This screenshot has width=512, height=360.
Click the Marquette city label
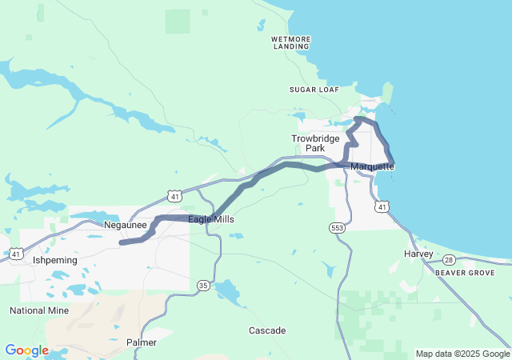(372, 166)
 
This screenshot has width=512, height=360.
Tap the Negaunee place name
(126, 226)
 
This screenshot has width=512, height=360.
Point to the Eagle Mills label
(211, 219)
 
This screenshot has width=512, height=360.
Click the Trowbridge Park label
(308, 143)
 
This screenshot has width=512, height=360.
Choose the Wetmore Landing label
(290, 42)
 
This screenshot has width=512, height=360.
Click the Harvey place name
(418, 254)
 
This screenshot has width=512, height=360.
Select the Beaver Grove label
(465, 273)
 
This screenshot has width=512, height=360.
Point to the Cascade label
(267, 330)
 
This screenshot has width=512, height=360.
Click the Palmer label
(142, 342)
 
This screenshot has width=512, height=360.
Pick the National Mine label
(39, 310)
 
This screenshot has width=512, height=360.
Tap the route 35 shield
(202, 285)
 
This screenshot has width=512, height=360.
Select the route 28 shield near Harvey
(450, 260)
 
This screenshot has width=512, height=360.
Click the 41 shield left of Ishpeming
(16, 254)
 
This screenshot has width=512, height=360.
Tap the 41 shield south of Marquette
(382, 207)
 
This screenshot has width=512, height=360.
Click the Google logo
(26, 350)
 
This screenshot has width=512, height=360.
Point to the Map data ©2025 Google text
(462, 354)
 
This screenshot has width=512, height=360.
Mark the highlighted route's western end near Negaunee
(121, 242)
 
